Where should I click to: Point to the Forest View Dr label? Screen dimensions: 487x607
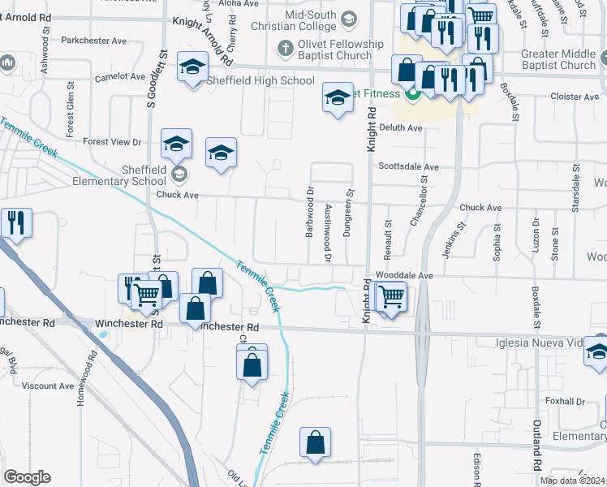[113, 142]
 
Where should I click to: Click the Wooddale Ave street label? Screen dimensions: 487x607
[404, 276]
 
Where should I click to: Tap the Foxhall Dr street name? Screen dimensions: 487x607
[566, 401]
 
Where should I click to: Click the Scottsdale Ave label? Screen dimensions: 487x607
[408, 167]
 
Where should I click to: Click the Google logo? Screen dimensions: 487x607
[28, 477]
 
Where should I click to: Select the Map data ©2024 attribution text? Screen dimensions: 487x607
[573, 481]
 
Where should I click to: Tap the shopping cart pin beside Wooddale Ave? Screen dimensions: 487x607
[390, 298]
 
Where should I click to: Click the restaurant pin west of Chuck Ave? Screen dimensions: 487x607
[16, 222]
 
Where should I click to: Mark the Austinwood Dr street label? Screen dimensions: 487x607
[328, 233]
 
